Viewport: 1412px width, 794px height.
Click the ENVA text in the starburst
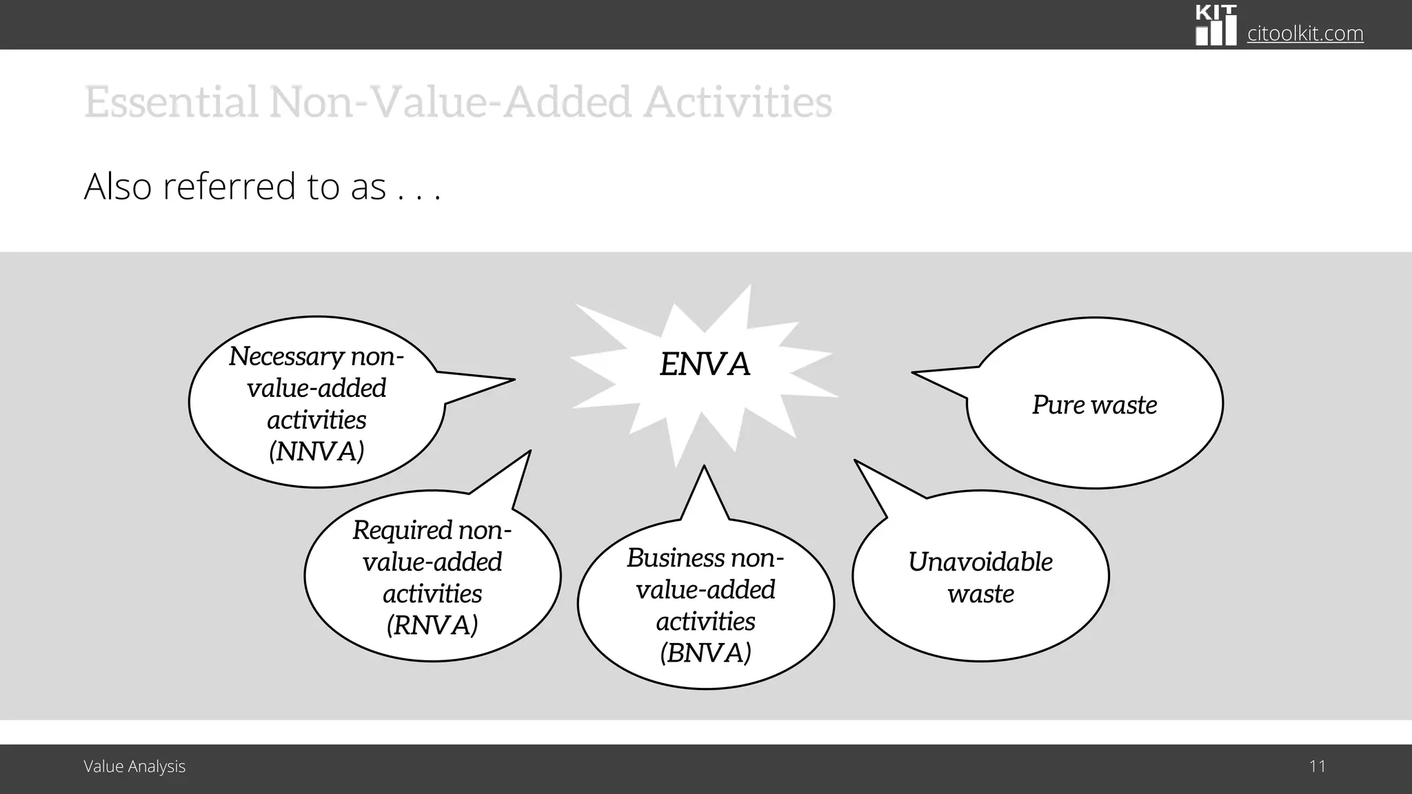pyautogui.click(x=705, y=364)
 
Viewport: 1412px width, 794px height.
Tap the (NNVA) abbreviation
pyautogui.click(x=316, y=451)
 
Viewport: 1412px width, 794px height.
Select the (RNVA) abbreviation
pyautogui.click(x=432, y=625)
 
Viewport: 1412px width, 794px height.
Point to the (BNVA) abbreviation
pyautogui.click(x=705, y=653)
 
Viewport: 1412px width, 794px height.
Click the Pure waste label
pyautogui.click(x=1094, y=405)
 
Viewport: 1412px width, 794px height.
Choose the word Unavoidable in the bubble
pyautogui.click(x=980, y=562)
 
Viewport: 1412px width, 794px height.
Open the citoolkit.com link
pyautogui.click(x=1305, y=33)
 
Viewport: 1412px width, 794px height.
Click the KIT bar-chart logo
pyautogui.click(x=1216, y=26)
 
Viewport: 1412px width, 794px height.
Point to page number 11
pyautogui.click(x=1317, y=766)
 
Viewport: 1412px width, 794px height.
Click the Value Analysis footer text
pyautogui.click(x=134, y=766)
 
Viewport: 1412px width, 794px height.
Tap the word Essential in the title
pyautogui.click(x=172, y=101)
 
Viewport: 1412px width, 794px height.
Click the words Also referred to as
pyautogui.click(x=234, y=187)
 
